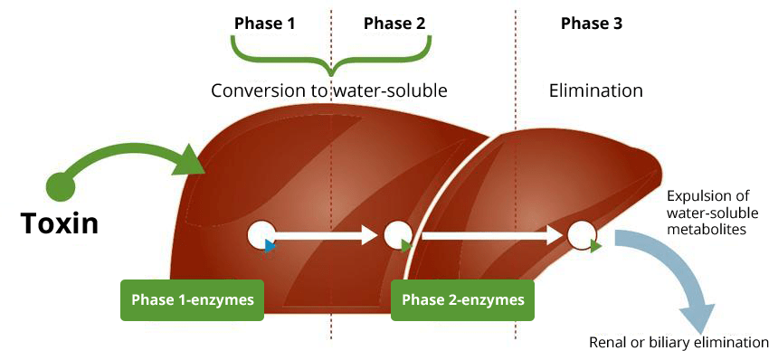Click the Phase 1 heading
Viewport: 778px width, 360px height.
pyautogui.click(x=264, y=23)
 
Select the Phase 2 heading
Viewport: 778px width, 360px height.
pyautogui.click(x=394, y=23)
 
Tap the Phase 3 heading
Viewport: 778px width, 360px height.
pyautogui.click(x=591, y=23)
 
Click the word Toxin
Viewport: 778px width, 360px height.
pyautogui.click(x=60, y=223)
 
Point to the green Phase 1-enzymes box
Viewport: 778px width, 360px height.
pyautogui.click(x=192, y=299)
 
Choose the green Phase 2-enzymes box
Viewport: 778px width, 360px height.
pyautogui.click(x=462, y=299)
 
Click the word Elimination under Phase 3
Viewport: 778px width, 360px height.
pyautogui.click(x=596, y=91)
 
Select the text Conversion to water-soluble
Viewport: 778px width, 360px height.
pyautogui.click(x=329, y=91)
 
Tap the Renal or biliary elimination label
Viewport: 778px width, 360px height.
pyautogui.click(x=678, y=343)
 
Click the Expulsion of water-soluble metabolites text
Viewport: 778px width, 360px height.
pyautogui.click(x=712, y=213)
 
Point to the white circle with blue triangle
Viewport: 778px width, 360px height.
pyautogui.click(x=261, y=235)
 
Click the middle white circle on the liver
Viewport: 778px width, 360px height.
pyautogui.click(x=397, y=235)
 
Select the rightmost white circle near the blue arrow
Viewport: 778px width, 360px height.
pyautogui.click(x=582, y=235)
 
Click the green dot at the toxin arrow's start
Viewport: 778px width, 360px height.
pyautogui.click(x=60, y=186)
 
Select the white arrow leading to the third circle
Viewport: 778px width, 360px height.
pyautogui.click(x=493, y=235)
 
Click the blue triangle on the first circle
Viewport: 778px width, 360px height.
pyautogui.click(x=270, y=245)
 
